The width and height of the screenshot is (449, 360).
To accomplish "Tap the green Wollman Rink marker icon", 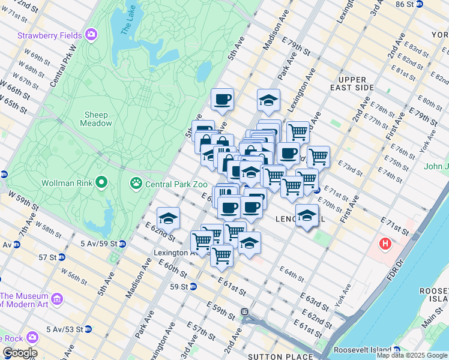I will [102, 181].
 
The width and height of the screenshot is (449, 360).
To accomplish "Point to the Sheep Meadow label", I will [96, 119].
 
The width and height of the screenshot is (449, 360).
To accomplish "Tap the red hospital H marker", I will [385, 244].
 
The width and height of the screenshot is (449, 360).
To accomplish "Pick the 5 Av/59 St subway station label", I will [98, 244].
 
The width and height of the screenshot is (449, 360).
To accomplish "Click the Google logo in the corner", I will [19, 353].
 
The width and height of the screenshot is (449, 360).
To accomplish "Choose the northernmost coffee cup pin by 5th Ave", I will [222, 100].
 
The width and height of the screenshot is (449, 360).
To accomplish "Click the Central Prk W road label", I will [62, 65].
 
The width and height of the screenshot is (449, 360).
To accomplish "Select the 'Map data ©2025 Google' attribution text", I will [412, 355].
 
